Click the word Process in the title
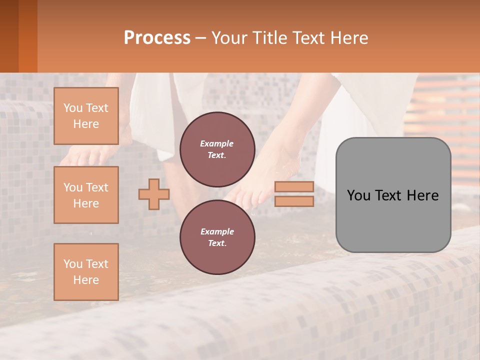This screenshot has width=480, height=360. click(157, 38)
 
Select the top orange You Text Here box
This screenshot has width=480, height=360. click(86, 116)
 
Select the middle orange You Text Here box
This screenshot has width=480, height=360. click(86, 195)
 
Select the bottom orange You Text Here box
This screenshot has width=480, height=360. click(86, 271)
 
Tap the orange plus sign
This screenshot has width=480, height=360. click(154, 194)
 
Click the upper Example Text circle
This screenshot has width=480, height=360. click(217, 149)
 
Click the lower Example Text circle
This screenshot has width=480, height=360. click(217, 237)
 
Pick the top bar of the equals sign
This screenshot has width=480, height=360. click(294, 187)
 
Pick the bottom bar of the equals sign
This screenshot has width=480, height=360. click(294, 201)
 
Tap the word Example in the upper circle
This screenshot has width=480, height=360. click(216, 143)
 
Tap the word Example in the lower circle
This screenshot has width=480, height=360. click(216, 231)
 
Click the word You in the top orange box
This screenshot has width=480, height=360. click(73, 108)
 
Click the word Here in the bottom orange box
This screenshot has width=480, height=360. click(86, 280)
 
